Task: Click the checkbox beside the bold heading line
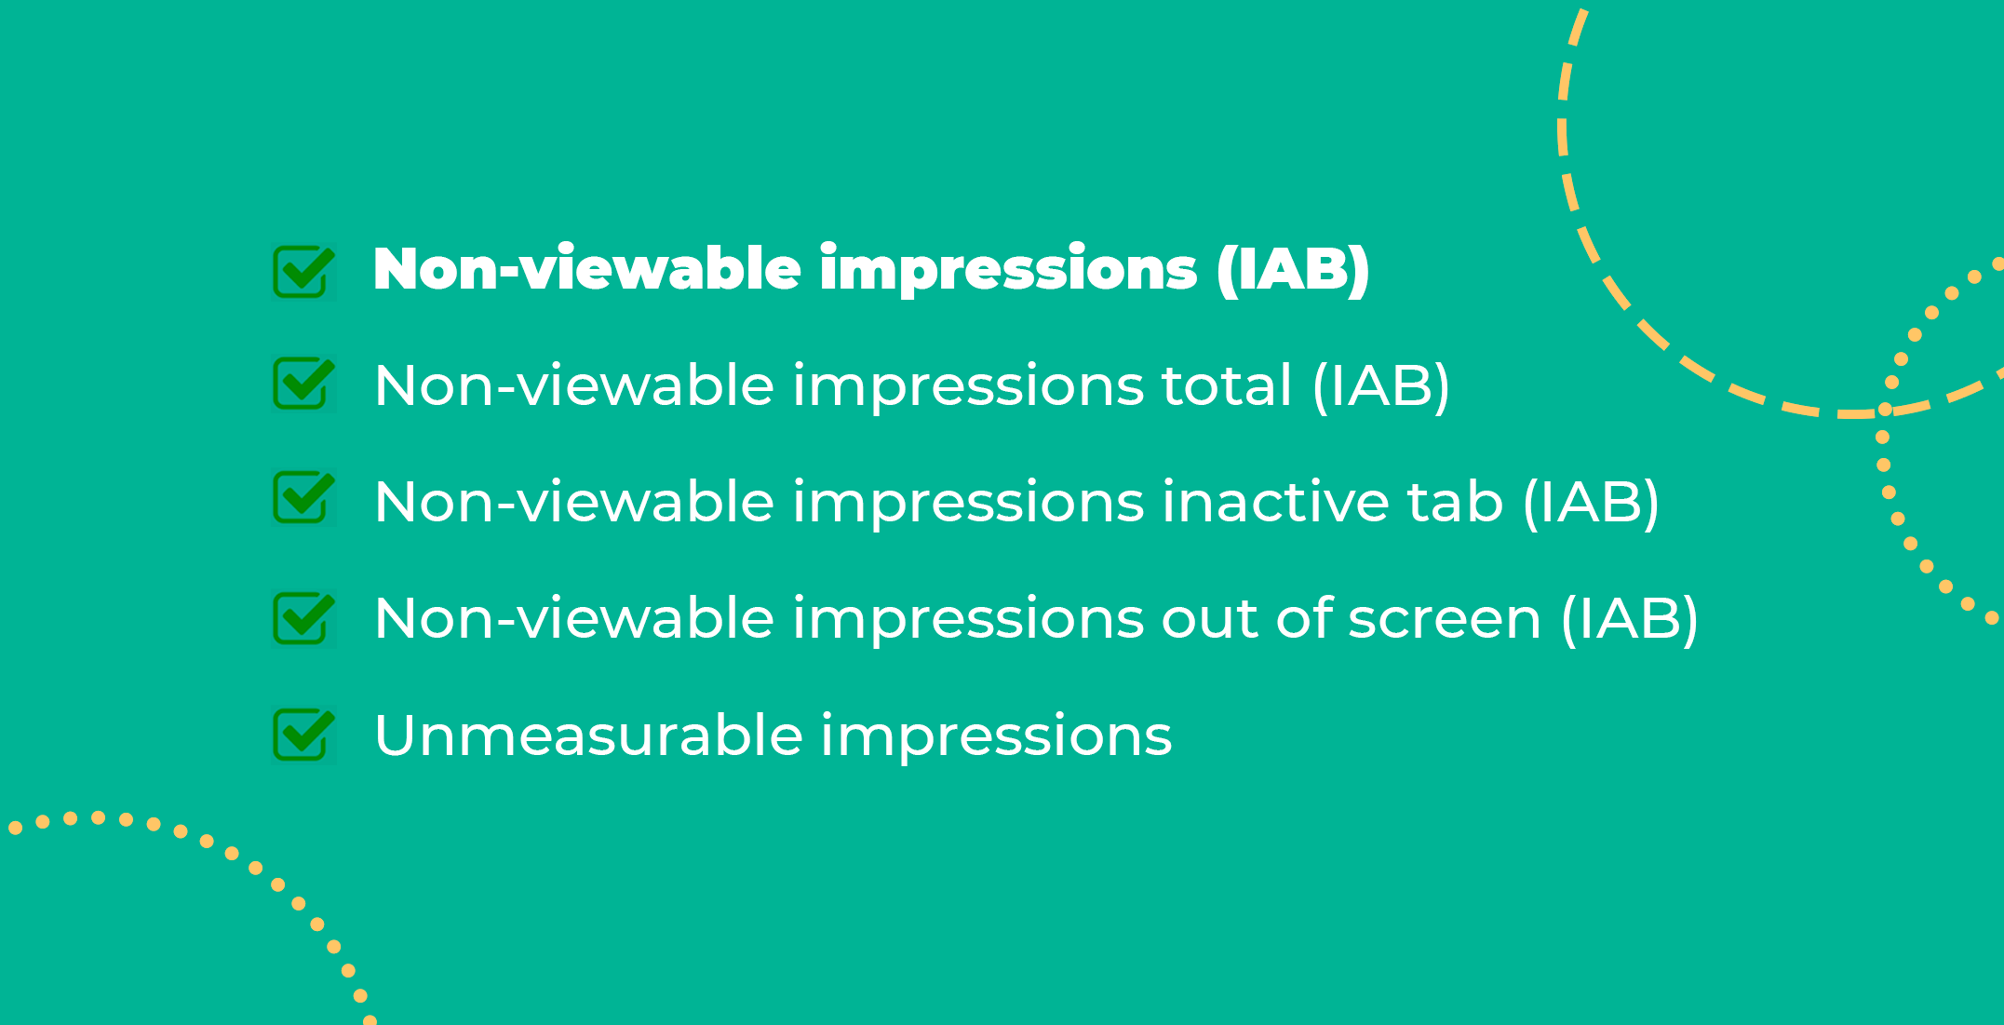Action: coord(303,271)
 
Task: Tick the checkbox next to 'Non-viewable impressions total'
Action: coord(303,384)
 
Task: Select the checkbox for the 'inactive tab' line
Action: coord(303,498)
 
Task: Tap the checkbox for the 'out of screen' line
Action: coord(303,618)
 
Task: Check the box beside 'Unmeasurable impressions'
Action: coord(303,735)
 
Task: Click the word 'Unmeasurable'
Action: coord(588,735)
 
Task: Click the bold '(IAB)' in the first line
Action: coord(1293,271)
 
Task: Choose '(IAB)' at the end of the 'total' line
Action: coord(1380,387)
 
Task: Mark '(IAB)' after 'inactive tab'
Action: coord(1591,504)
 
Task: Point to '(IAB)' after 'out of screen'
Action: coord(1630,620)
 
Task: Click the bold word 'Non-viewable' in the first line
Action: coord(587,269)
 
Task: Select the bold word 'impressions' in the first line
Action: coord(1008,271)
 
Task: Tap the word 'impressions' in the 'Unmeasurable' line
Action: coord(997,737)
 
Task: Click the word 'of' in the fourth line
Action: coord(1302,618)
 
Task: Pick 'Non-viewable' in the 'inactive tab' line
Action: coord(574,502)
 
